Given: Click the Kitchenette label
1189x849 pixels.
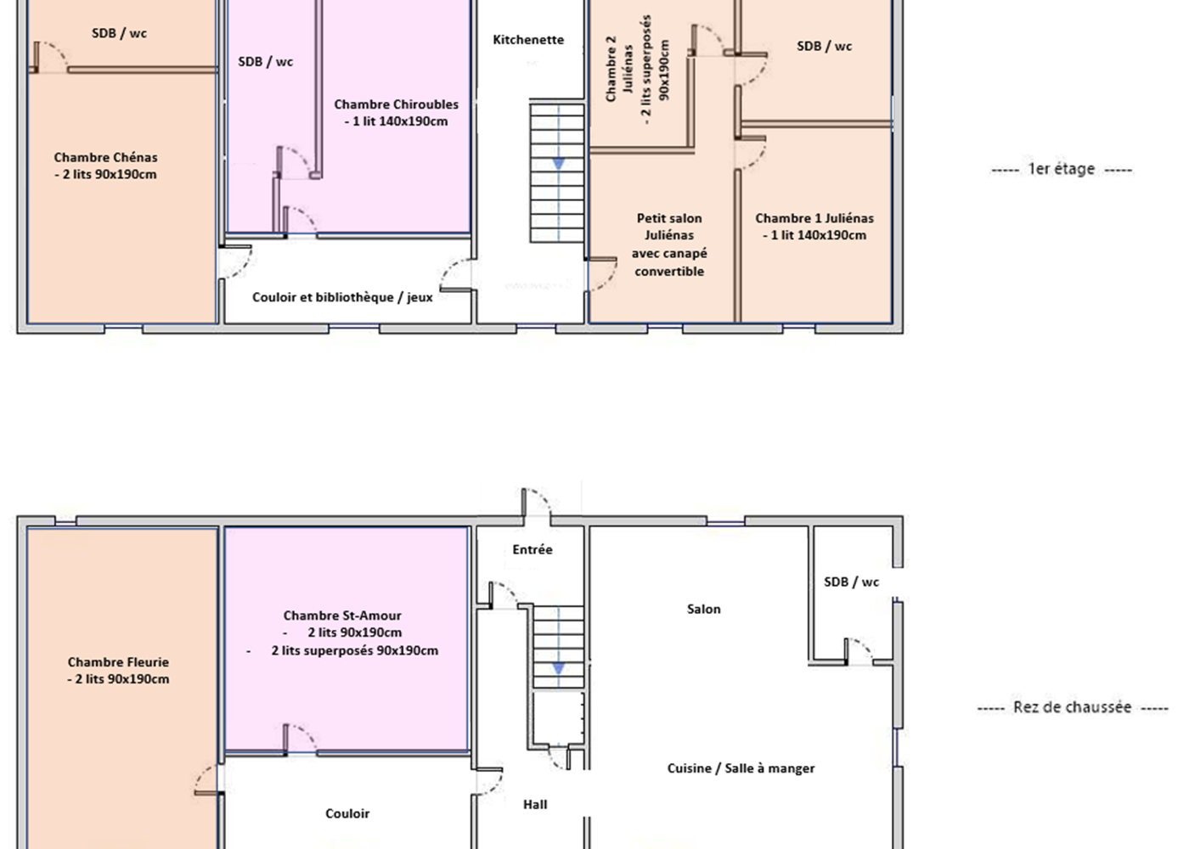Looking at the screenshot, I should coord(528,40).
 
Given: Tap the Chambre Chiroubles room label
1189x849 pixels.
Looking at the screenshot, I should coord(396,112).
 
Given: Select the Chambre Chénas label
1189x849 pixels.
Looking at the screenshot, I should coord(105,166).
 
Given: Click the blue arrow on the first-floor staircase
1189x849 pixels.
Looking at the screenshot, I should coord(558,163).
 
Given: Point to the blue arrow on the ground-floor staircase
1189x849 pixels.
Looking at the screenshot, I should coord(558,668).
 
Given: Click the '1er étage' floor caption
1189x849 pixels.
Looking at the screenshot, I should coord(1061,169).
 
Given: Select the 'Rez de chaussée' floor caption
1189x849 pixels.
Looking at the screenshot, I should coord(1072,707).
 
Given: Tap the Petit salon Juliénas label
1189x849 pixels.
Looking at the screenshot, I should coord(669,245).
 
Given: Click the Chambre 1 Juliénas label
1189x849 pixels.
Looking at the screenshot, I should coord(814,227).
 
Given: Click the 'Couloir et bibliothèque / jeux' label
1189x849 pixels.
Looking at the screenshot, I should coord(342,297).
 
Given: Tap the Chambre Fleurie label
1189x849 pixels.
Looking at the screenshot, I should coord(118,670).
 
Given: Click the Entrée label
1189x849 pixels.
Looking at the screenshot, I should coord(533,549).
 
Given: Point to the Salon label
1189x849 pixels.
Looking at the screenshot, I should coord(703,609).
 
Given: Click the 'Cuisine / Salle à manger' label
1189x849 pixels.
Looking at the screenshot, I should coord(741,768).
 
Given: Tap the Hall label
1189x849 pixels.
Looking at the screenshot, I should coord(535,804).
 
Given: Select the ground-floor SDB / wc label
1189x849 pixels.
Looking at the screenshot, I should coord(851,582).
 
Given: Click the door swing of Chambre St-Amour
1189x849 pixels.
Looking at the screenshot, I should coord(299,738).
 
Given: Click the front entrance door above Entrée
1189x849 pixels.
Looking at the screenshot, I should coord(536,503).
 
